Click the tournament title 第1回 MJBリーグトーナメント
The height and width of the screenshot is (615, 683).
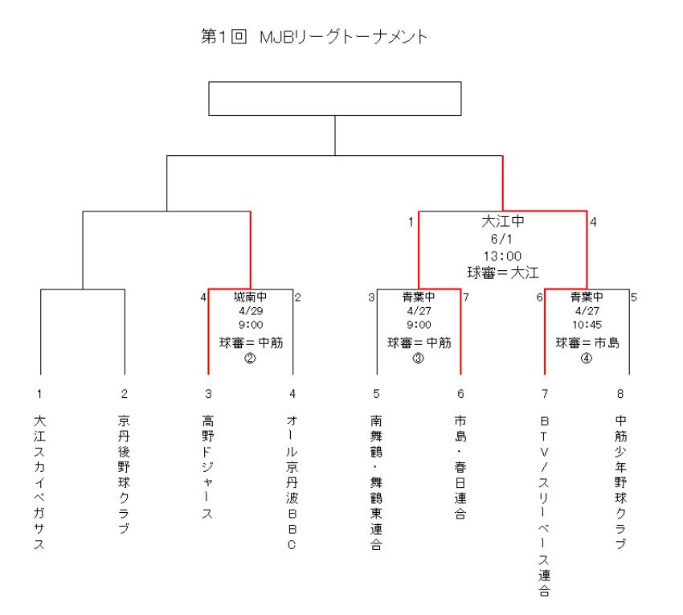click(x=314, y=37)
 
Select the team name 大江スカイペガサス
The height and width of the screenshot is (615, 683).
click(x=39, y=482)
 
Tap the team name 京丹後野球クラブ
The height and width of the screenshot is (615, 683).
click(x=124, y=474)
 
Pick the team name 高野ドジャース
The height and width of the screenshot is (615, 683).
click(x=208, y=467)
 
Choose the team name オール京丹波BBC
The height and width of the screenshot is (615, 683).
click(x=292, y=482)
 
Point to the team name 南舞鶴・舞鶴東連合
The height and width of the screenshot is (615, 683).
click(x=376, y=482)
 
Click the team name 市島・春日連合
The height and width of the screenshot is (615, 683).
click(x=460, y=467)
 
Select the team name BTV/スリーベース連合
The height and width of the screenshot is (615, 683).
click(x=545, y=506)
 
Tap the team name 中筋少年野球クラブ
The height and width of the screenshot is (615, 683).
click(x=620, y=482)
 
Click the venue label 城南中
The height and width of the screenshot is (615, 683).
click(x=251, y=297)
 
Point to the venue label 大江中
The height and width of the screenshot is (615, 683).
click(x=503, y=221)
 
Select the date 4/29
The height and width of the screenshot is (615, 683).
click(x=251, y=311)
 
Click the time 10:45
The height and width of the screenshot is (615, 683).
click(x=587, y=325)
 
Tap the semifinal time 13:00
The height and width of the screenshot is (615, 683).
click(x=502, y=256)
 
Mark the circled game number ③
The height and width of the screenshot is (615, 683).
click(x=418, y=359)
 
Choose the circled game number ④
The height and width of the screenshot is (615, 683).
click(x=587, y=359)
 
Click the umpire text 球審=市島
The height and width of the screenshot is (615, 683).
click(x=587, y=343)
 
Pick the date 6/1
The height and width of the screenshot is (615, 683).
click(x=501, y=239)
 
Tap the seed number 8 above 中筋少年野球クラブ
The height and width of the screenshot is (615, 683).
click(x=620, y=394)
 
